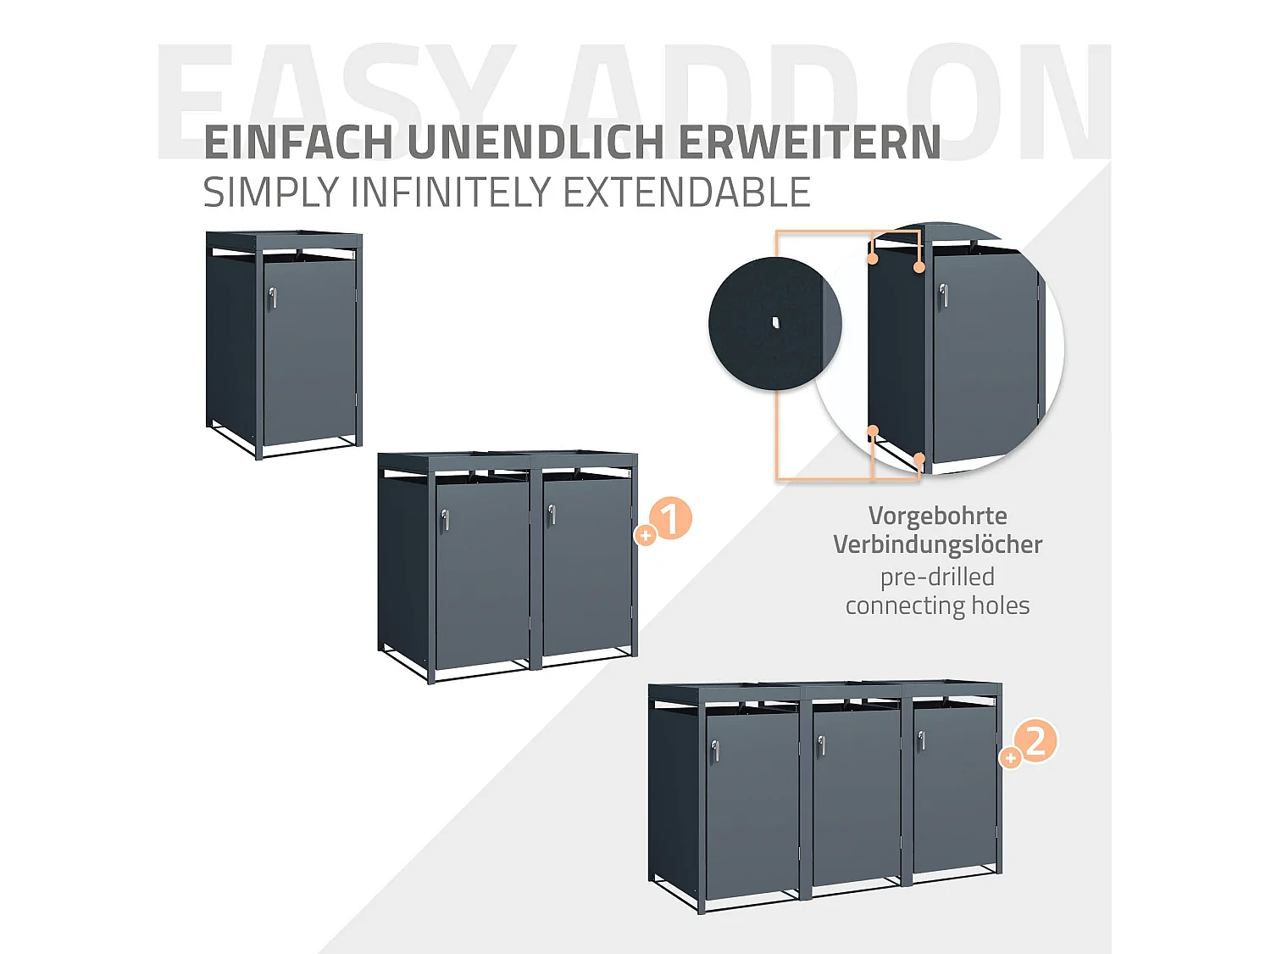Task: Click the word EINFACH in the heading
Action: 298,142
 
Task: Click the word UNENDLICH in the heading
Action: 536,142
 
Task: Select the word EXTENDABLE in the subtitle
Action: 686,192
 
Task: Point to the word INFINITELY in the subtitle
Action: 452,192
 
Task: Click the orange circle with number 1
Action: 670,518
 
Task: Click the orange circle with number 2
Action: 1035,741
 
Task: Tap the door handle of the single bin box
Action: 272,298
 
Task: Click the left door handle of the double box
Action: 445,520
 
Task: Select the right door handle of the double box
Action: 552,514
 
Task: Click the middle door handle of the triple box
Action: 821,745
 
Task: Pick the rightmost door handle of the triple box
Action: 921,740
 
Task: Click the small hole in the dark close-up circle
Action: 775,322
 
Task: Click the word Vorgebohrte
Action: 937,516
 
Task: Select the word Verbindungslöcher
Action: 937,544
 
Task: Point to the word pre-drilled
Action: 937,577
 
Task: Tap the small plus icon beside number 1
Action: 646,535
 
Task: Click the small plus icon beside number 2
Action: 1010,757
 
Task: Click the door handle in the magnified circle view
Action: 943,295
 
